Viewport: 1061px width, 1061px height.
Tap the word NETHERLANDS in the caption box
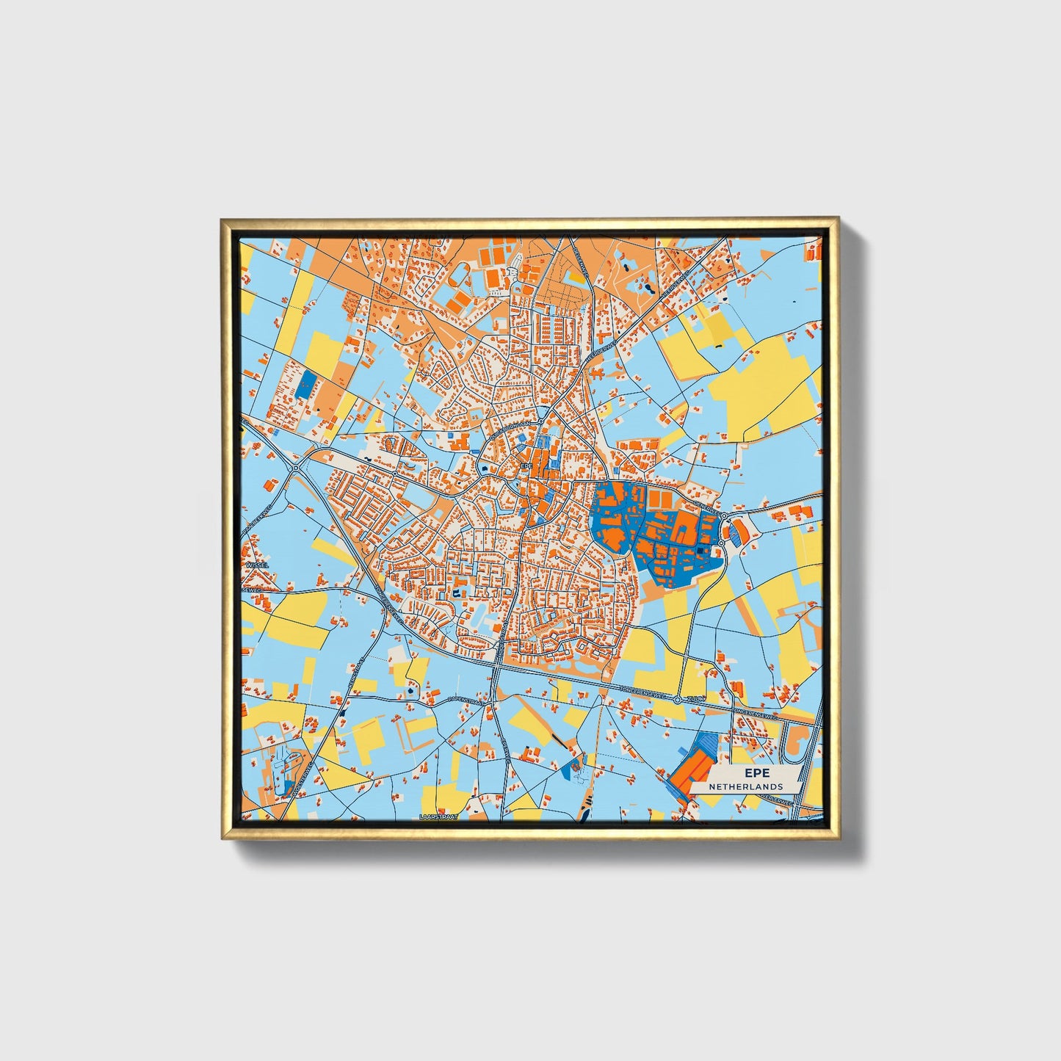[745, 786]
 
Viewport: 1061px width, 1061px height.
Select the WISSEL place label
[258, 565]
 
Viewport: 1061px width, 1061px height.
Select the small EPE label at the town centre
[525, 466]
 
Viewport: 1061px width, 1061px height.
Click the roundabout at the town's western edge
[295, 467]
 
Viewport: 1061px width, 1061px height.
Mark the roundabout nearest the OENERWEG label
[724, 516]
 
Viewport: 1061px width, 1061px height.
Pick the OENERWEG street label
[706, 506]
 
